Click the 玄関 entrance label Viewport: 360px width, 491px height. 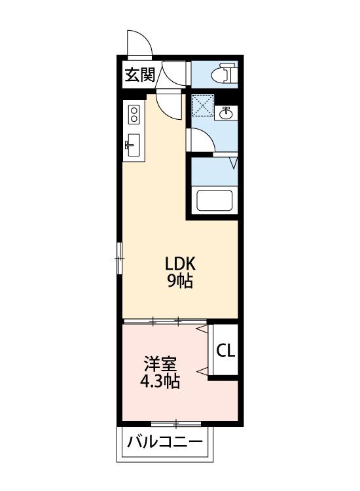[x=139, y=74]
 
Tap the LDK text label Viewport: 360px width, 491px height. [x=181, y=264]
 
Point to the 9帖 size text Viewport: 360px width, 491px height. [x=181, y=283]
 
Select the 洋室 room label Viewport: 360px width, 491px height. [x=160, y=363]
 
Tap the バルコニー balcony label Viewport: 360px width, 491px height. [x=166, y=441]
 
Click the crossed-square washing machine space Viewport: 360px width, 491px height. [x=203, y=106]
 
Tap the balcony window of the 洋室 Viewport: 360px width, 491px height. [x=175, y=424]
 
